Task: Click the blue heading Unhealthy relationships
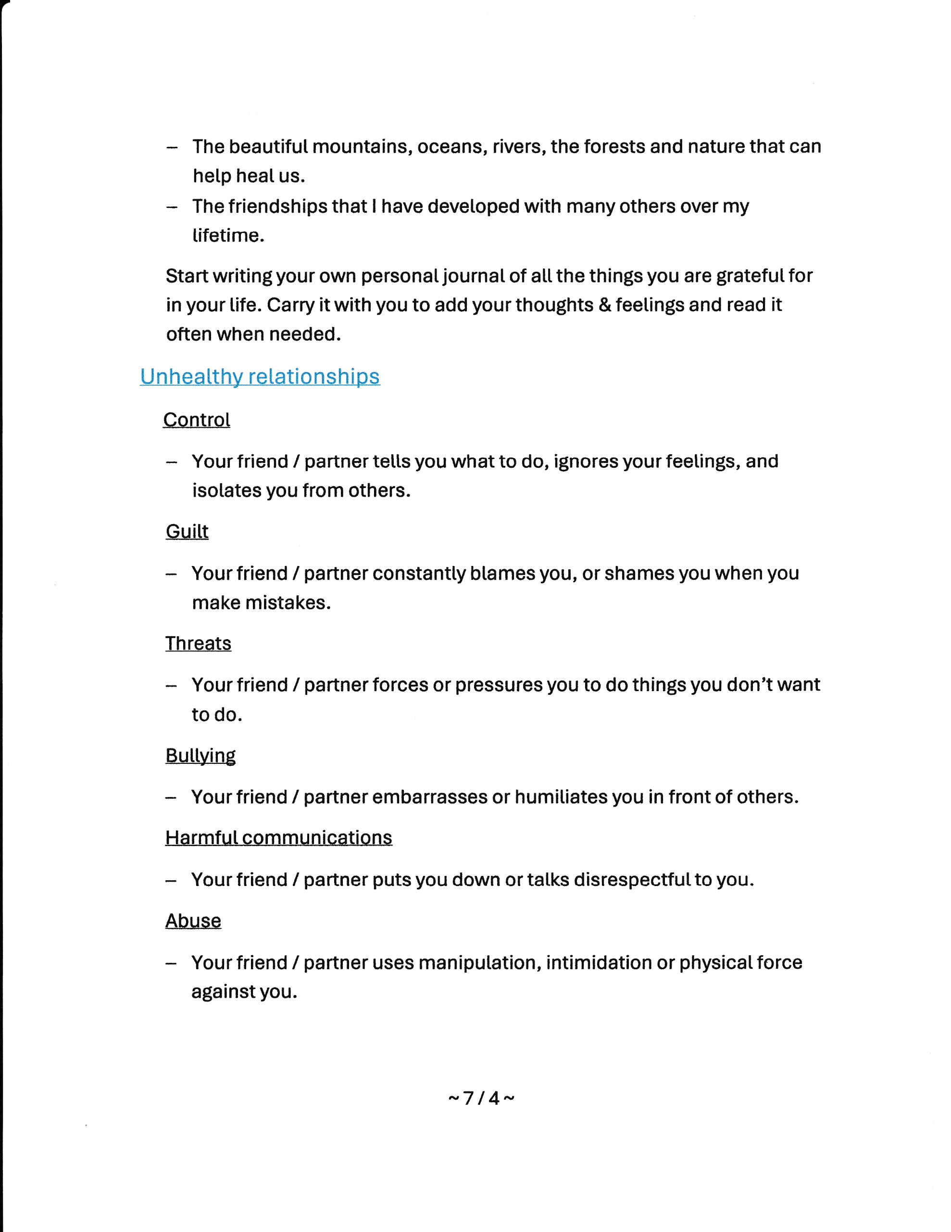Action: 260,377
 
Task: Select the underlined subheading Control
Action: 197,420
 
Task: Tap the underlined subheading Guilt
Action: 187,531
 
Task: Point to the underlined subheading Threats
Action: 199,643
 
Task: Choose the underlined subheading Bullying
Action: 200,756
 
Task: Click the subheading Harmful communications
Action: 278,838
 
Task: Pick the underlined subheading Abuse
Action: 193,921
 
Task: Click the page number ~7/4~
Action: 481,1098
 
